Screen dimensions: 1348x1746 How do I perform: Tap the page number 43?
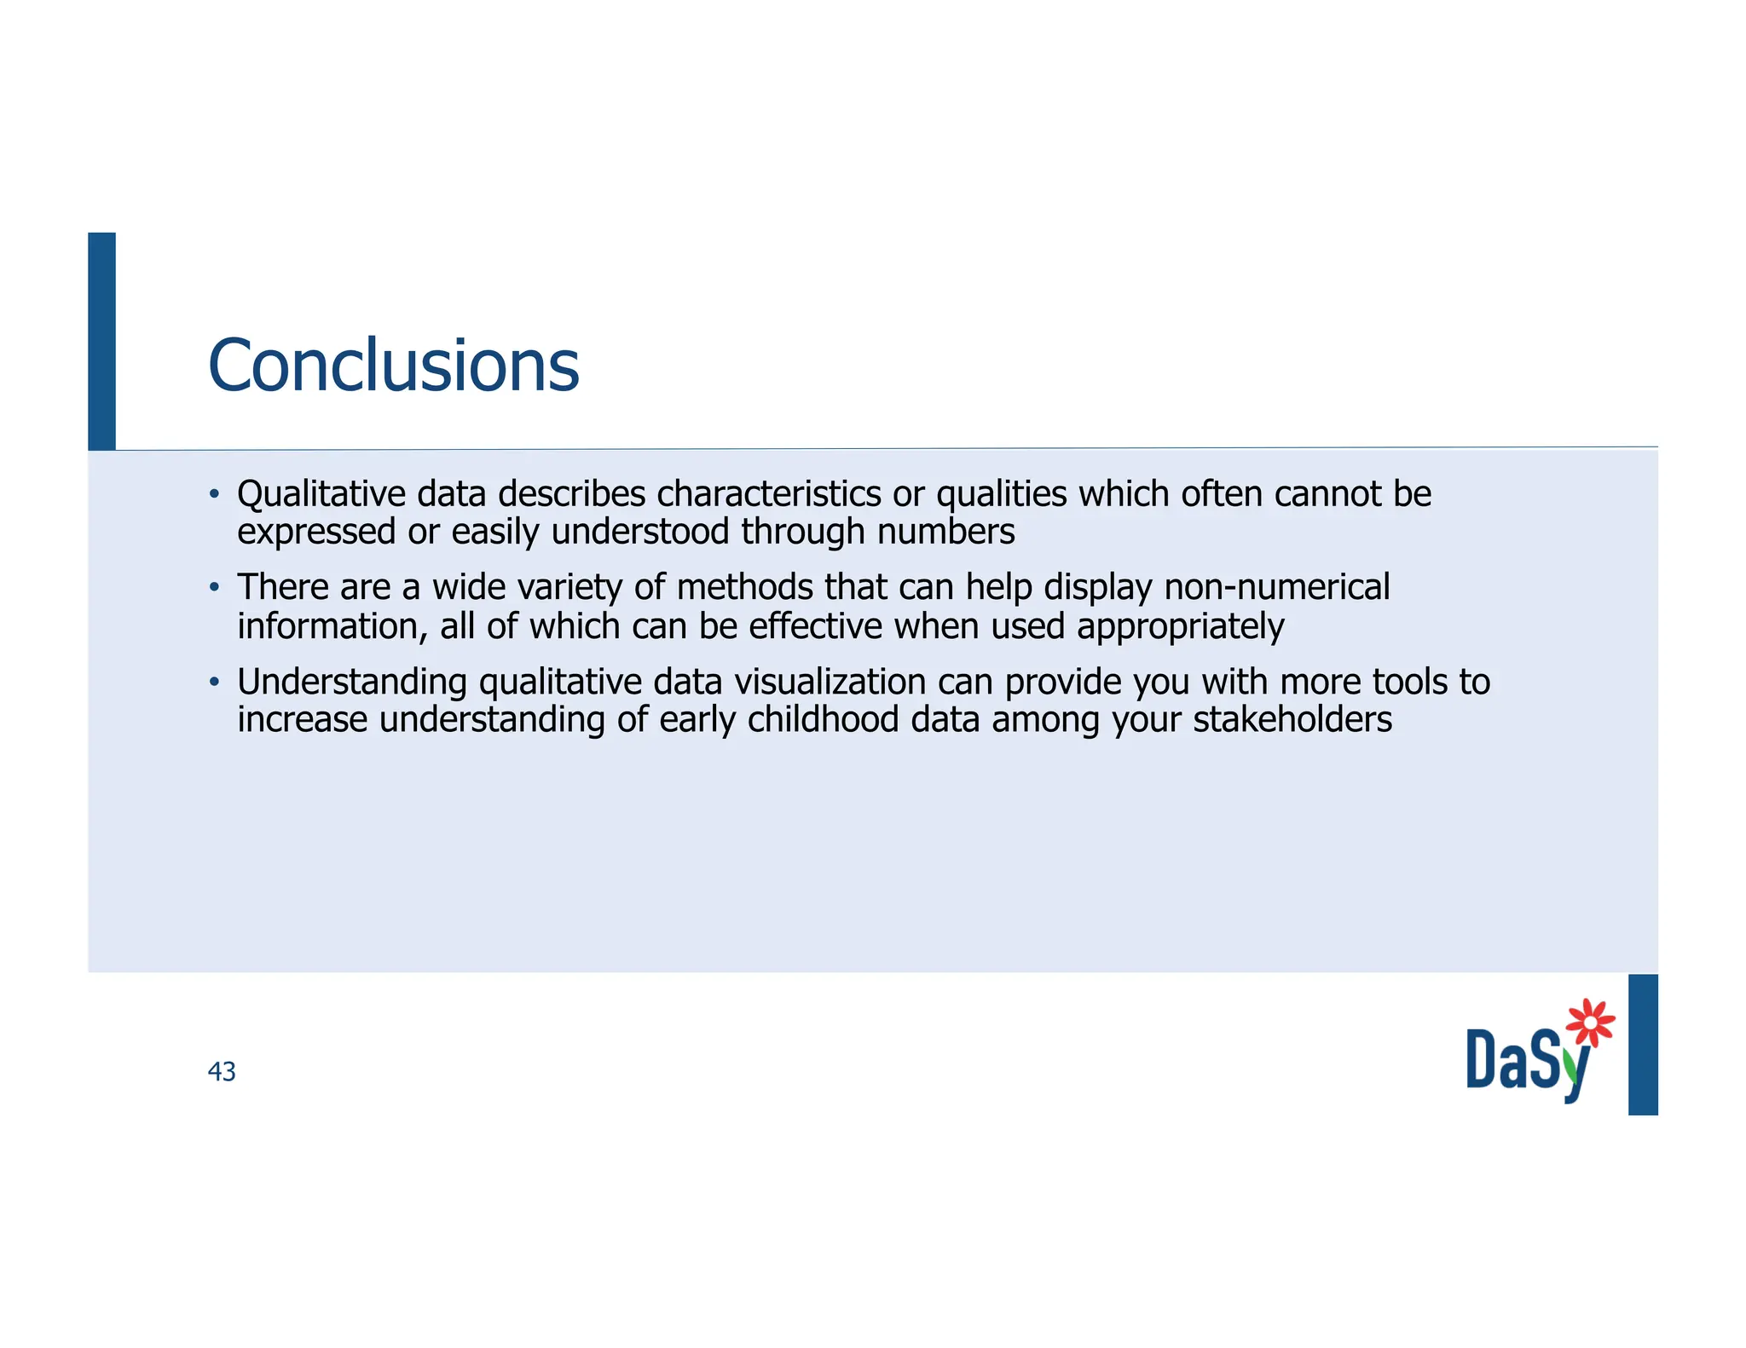point(222,1071)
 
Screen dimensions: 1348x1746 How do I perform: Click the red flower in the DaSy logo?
point(1590,1022)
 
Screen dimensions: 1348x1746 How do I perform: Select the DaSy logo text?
point(1526,1062)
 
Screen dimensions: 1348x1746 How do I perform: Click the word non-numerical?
point(1276,587)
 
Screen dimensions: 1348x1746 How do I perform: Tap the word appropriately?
point(1180,627)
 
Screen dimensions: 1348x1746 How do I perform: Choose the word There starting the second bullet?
point(282,587)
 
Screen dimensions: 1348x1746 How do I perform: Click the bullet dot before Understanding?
point(215,682)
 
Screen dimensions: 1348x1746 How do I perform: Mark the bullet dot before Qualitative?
point(215,494)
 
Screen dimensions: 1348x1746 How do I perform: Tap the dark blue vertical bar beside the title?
point(101,341)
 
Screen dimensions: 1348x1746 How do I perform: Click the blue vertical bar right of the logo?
point(1642,1044)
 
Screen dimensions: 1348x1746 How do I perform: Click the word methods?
point(744,587)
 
